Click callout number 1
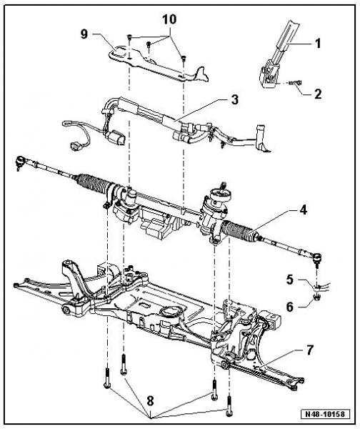(318, 44)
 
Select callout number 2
(318, 94)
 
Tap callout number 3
(235, 99)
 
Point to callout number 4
(303, 210)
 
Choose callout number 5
(290, 280)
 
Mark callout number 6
(290, 307)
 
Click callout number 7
(310, 350)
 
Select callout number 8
(150, 402)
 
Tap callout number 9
(84, 34)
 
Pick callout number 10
(169, 19)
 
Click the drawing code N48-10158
(326, 414)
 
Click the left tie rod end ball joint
(20, 162)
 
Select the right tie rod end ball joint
(317, 258)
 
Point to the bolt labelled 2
(295, 82)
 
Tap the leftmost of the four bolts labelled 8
(107, 378)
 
